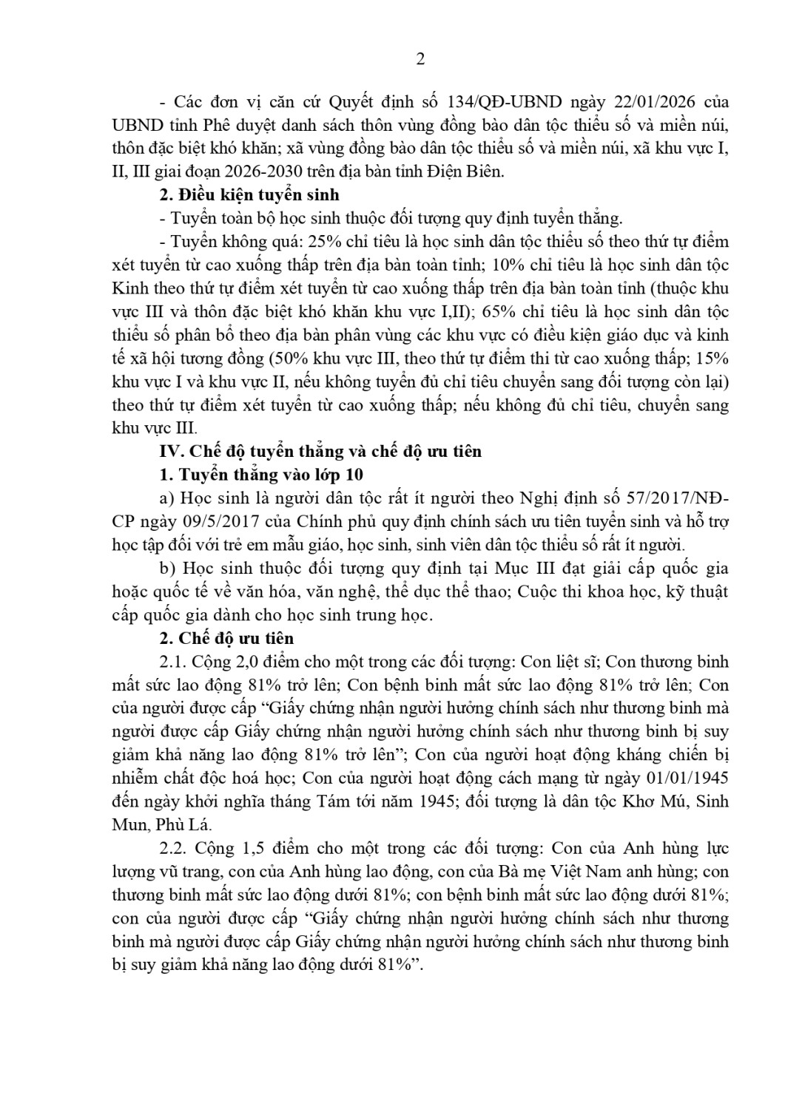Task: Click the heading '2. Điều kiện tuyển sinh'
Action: click(249, 195)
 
